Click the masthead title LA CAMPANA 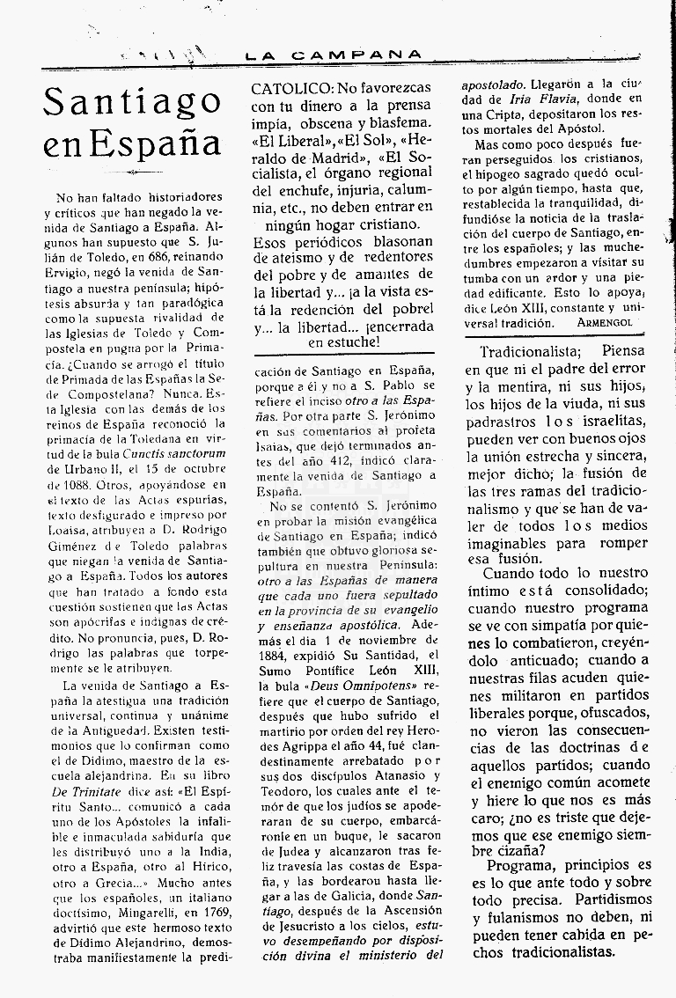pos(334,55)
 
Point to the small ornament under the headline pos(132,173)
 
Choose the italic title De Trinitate pos(79,798)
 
